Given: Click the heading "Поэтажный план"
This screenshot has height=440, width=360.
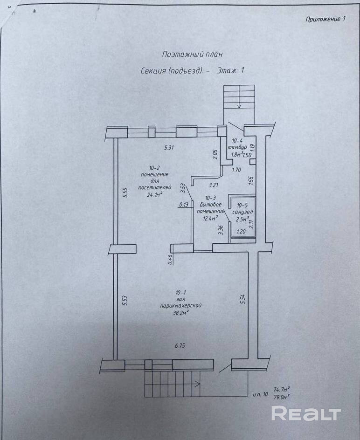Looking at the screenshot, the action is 192,54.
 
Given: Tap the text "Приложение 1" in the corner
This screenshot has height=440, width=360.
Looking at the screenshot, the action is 325,19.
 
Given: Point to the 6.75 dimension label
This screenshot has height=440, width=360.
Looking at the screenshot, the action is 180,346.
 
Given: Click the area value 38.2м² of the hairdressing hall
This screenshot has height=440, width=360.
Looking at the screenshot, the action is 181,313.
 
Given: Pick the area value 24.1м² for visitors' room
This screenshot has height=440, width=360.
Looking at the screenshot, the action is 155,194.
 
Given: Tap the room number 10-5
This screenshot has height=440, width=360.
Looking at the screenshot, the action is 242,206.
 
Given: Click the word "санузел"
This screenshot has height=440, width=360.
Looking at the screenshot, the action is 242,212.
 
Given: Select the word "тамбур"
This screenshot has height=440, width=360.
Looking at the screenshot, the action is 237,147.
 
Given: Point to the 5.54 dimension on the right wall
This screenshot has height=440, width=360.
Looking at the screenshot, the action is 243,299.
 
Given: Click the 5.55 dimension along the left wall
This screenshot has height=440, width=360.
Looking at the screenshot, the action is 125,193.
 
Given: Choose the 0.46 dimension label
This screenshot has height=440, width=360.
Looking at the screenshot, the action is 170,260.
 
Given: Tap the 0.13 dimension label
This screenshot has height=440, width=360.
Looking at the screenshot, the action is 184,205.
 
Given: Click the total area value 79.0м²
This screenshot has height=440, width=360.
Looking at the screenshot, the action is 282,397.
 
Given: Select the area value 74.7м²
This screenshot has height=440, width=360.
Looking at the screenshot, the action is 282,390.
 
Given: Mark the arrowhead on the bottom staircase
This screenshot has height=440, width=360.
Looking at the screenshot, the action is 198,383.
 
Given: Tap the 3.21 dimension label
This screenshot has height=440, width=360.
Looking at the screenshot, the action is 214,185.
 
